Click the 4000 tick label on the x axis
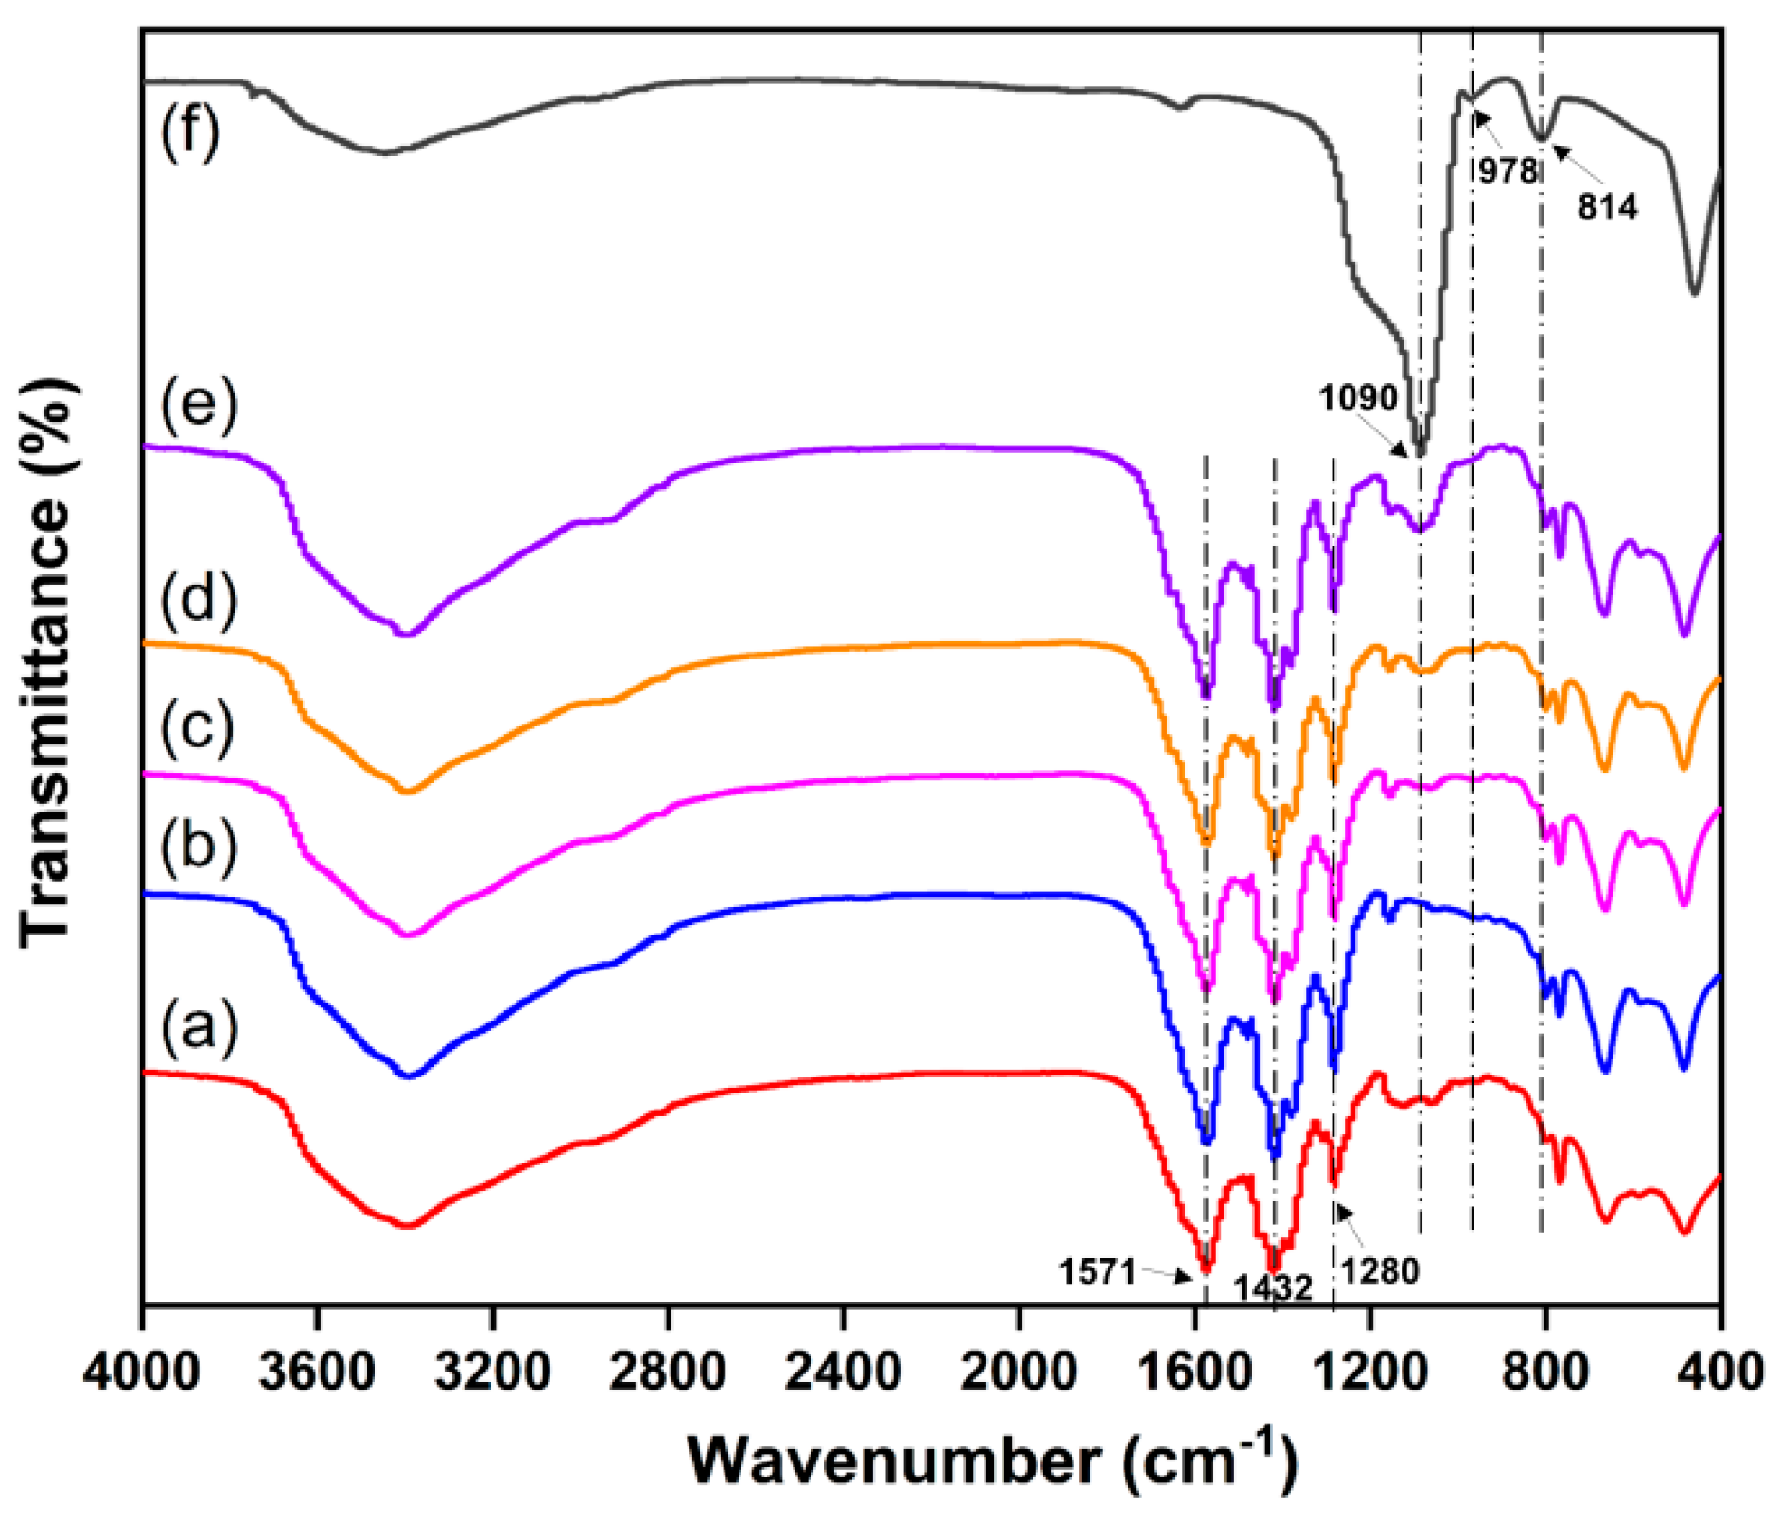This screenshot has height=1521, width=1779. (141, 1371)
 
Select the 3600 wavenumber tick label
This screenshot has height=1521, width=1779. (317, 1371)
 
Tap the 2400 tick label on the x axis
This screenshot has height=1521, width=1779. (843, 1371)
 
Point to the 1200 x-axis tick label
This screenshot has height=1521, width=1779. (1369, 1371)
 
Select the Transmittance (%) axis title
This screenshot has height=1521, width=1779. (45, 662)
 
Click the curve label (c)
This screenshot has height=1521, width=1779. (197, 728)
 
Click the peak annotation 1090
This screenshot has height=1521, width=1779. (1358, 398)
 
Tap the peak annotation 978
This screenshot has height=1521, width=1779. (1508, 171)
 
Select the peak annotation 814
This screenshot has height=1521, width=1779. (1607, 206)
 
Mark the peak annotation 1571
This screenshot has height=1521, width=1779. (1097, 1272)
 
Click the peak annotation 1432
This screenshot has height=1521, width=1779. (1272, 1288)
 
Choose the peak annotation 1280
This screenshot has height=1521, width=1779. (1381, 1271)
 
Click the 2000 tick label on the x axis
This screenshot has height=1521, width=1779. (1019, 1371)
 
